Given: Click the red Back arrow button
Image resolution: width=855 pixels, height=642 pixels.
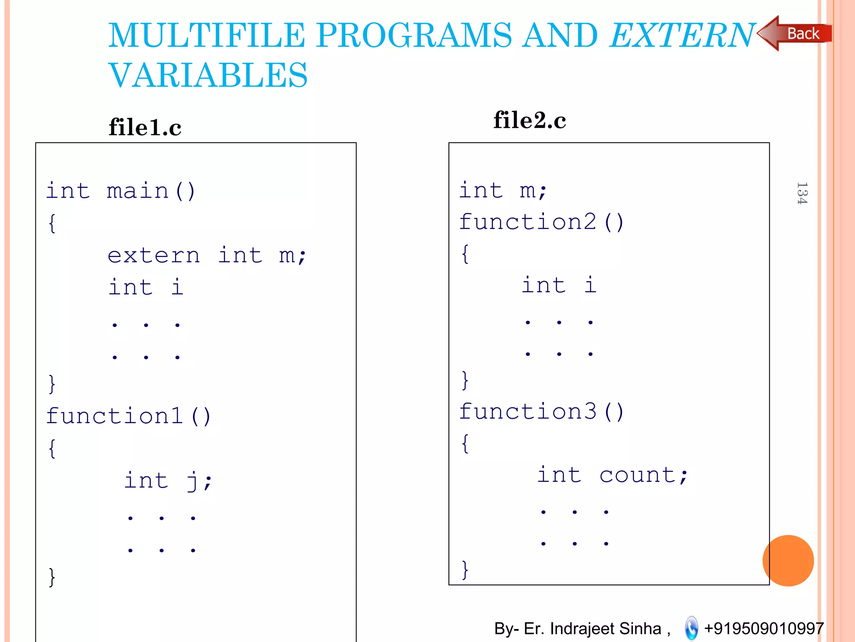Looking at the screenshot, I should [x=795, y=33].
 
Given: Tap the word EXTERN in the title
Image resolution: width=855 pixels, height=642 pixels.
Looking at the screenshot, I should [x=683, y=35].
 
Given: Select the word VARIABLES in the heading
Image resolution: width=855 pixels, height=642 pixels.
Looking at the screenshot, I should [x=208, y=75].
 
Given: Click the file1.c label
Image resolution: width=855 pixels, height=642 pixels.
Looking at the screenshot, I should [x=145, y=127].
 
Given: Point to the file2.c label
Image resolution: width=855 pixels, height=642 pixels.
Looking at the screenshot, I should [x=529, y=120].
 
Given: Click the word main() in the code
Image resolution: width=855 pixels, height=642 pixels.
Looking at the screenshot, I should [x=151, y=191].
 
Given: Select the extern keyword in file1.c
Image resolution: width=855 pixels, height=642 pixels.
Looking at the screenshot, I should [x=154, y=255].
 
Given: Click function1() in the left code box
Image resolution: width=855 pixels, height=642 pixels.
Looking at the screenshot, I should [x=129, y=416].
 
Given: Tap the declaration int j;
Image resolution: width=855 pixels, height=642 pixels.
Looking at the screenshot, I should [x=168, y=480].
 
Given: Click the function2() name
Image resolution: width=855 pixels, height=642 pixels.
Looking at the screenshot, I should [x=541, y=222].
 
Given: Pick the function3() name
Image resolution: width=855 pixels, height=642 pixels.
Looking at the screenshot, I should [x=541, y=412].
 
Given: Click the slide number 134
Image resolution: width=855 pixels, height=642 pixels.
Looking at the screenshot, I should [x=802, y=193].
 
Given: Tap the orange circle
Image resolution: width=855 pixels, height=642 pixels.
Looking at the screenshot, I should [x=788, y=560].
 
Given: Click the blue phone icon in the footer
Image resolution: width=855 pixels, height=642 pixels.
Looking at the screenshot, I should [x=691, y=628].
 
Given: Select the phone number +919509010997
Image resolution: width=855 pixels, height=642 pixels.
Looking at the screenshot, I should [x=764, y=628].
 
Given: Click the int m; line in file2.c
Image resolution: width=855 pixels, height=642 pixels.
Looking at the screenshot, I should [x=503, y=191].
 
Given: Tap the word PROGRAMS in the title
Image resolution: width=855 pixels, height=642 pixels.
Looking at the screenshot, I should [x=414, y=35].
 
